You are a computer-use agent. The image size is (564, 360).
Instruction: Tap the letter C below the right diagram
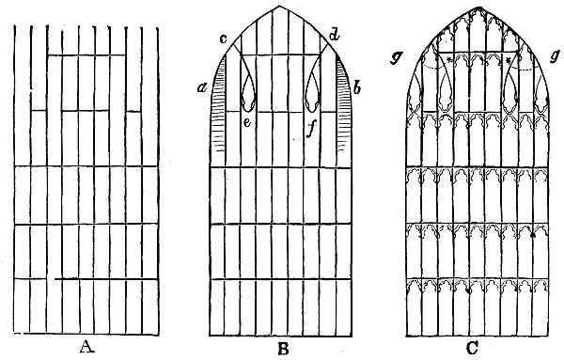[476, 346]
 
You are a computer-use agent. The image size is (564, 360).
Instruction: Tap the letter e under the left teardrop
[245, 121]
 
